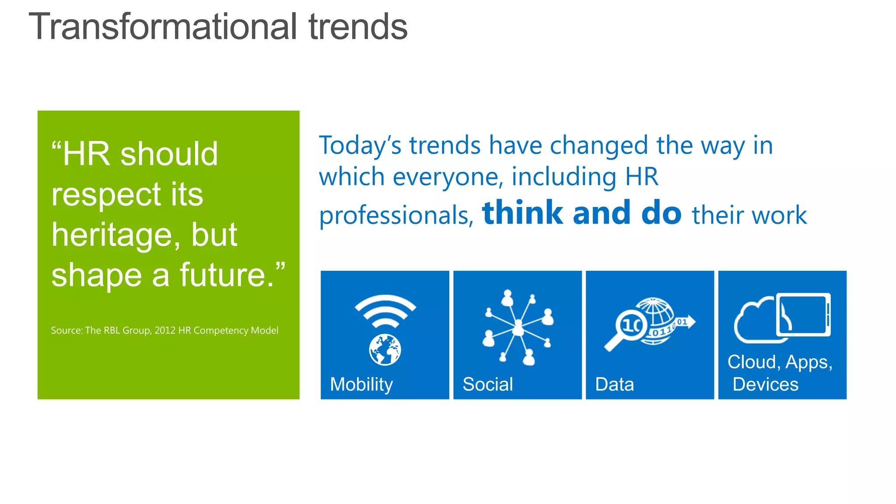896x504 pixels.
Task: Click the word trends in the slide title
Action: pos(358,27)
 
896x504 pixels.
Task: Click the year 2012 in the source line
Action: pos(165,330)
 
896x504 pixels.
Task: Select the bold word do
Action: pos(661,213)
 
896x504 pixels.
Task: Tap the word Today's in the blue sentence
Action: pos(360,145)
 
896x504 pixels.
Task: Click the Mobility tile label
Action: pos(361,385)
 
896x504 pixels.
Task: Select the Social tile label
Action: pos(487,385)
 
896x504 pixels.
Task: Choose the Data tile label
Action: pos(614,385)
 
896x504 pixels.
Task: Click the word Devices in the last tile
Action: pos(765,385)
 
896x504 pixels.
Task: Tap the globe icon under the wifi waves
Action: pos(385,350)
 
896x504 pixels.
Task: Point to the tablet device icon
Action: pos(803,315)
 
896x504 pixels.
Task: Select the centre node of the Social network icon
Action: pos(518,326)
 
